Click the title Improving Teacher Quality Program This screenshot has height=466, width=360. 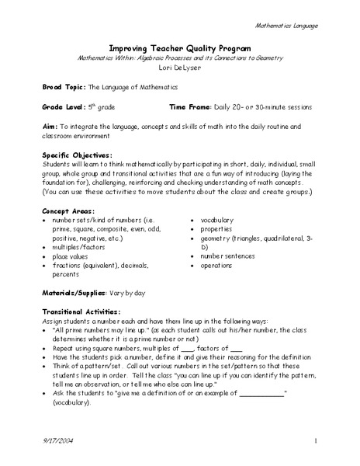179,47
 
